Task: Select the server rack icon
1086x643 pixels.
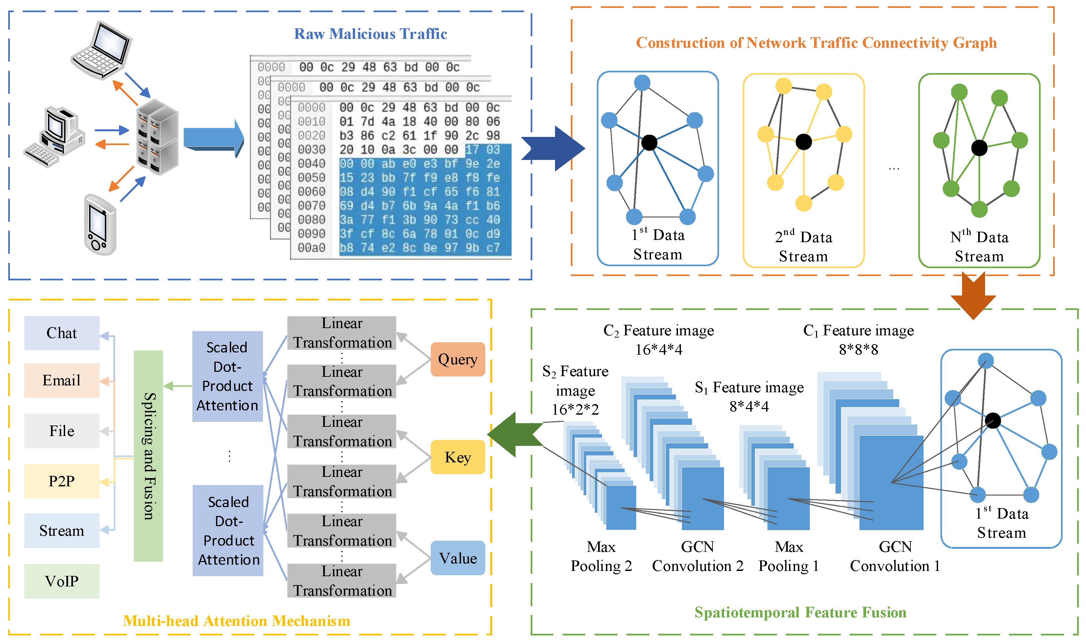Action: (x=157, y=137)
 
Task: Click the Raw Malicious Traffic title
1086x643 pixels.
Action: (x=370, y=34)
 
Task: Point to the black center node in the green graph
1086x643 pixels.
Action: (x=979, y=148)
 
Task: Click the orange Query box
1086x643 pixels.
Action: (x=457, y=359)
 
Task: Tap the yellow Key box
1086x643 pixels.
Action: (x=457, y=457)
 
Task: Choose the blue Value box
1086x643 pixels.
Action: (x=457, y=558)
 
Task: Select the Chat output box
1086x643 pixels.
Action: (x=61, y=333)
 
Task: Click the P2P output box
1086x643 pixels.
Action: (x=61, y=481)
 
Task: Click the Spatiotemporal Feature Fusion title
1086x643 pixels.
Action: (x=800, y=612)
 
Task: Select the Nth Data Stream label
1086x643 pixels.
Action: (x=979, y=246)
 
